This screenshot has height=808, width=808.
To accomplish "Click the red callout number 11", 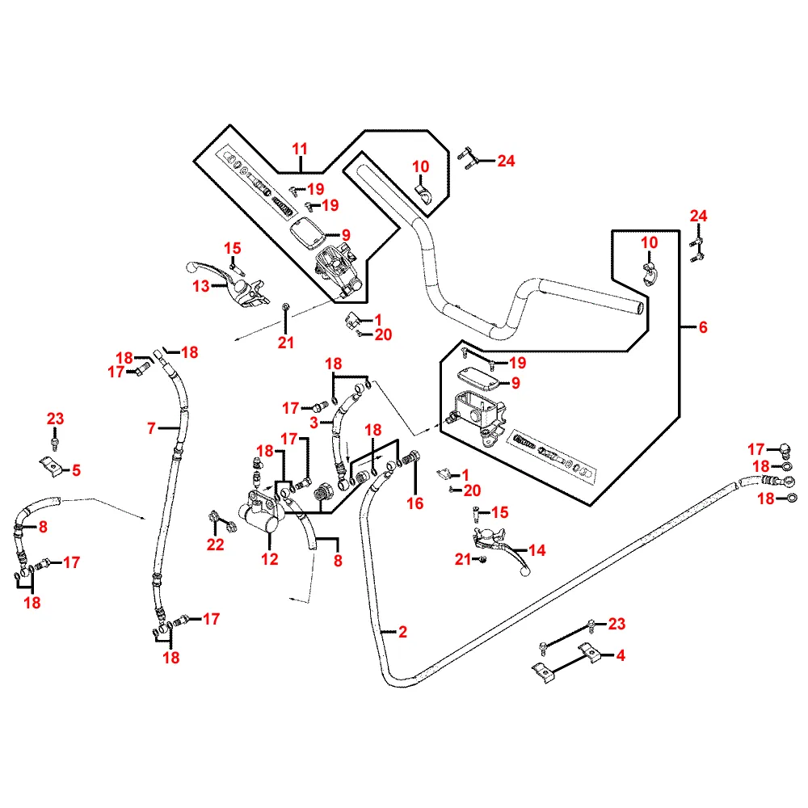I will [x=300, y=149].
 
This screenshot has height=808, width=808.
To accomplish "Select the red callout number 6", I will [x=702, y=327].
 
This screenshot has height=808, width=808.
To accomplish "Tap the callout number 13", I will [x=200, y=285].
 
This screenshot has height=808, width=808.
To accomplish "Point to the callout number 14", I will [x=537, y=551].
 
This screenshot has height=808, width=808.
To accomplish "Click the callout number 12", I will [x=270, y=558].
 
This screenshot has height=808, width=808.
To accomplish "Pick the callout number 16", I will [x=416, y=504].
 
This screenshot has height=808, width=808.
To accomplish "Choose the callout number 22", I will [x=215, y=545].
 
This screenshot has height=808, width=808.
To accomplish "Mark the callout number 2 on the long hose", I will [x=402, y=632].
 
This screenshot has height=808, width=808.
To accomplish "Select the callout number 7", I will [x=151, y=428].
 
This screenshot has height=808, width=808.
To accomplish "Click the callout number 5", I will [x=77, y=469].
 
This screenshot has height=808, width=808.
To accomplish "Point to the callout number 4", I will [x=621, y=656].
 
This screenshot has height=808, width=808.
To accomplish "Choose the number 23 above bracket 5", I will [x=55, y=419].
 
